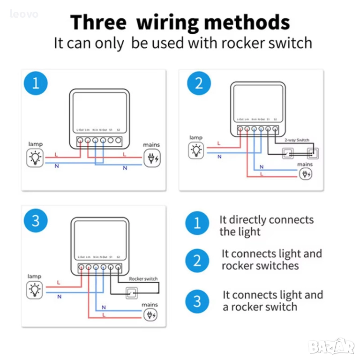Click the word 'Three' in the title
coord(98,22)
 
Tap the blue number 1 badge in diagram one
coord(36,84)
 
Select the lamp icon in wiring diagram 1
coord(35,158)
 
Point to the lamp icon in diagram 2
coord(196,150)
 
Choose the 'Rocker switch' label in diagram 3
coord(143,279)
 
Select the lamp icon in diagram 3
coord(35,290)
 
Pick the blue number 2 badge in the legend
coord(197,261)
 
